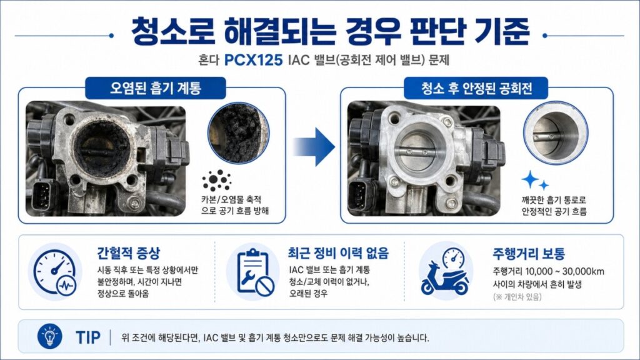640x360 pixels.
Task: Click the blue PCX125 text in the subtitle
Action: point(253,60)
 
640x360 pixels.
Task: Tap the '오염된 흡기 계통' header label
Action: point(156,87)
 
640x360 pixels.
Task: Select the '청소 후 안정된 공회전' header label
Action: point(476,88)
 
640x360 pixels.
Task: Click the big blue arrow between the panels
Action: point(314,147)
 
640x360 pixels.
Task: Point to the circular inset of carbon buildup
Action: point(238,133)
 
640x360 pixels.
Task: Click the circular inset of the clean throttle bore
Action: point(556,133)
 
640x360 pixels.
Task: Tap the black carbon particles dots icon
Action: point(216,181)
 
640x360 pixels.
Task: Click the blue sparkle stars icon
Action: point(535,181)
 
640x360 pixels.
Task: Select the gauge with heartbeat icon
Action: point(55,272)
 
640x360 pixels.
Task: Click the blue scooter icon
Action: point(445,272)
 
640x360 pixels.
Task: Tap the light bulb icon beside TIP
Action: point(50,336)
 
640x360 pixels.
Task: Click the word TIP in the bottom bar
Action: point(87,337)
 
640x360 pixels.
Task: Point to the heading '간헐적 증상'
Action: point(128,253)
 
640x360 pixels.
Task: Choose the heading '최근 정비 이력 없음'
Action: point(338,253)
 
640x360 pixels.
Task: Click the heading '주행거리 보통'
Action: point(529,254)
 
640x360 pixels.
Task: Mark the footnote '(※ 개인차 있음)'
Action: point(517,297)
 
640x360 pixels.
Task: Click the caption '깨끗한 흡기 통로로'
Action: point(554,200)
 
